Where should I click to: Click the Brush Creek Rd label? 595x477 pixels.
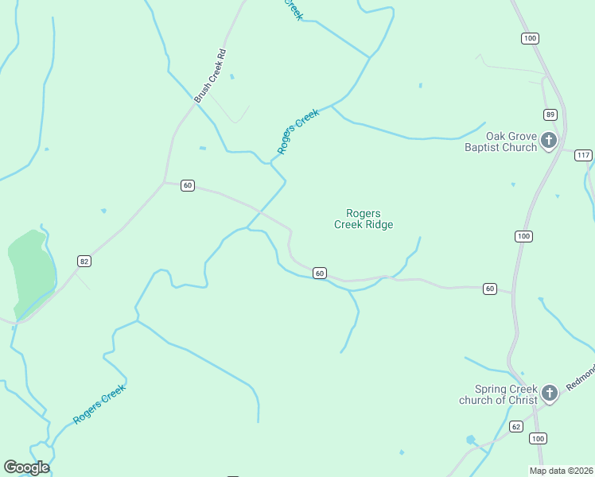click(211, 76)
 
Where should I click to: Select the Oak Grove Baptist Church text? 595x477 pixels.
click(500, 142)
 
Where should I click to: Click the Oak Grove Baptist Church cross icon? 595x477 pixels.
click(548, 142)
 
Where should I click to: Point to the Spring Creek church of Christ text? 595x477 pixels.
click(498, 394)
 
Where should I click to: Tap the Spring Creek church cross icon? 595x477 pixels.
click(548, 393)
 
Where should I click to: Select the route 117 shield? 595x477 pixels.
click(583, 155)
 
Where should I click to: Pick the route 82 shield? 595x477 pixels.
click(84, 261)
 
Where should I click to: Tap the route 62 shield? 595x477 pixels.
click(515, 427)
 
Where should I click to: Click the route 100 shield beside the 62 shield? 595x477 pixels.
click(539, 438)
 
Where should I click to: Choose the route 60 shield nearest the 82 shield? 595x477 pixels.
click(187, 185)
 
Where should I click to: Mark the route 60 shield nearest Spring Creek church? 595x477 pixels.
click(489, 289)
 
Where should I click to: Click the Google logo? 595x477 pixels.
click(26, 467)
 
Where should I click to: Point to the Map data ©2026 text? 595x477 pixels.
click(561, 471)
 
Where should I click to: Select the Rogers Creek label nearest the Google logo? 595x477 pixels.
click(99, 404)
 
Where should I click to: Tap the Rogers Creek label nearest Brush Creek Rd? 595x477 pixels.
click(297, 131)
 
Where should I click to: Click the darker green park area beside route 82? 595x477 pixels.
click(30, 266)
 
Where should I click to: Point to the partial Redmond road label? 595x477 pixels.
click(580, 378)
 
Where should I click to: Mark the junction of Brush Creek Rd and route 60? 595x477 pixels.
click(165, 182)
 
